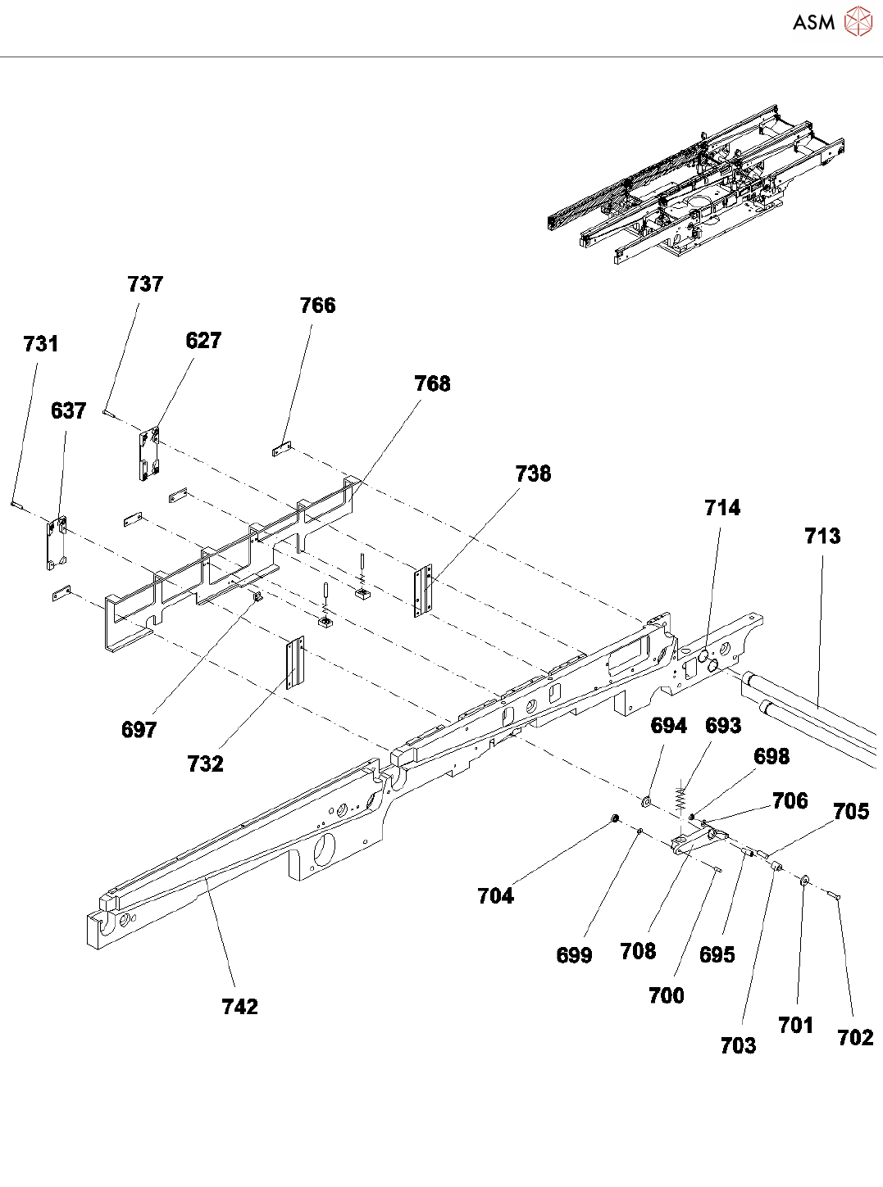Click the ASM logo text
pos(812,22)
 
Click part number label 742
pos(239,1006)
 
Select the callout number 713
pos(822,536)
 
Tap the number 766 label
pos(317,306)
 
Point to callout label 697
pos(139,729)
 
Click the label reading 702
pos(855,1037)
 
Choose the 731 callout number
pos(41,344)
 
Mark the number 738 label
pos(533,473)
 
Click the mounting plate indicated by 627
pos(149,453)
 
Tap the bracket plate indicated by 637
pos(56,542)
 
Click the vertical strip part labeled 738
pos(423,590)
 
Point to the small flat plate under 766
pos(282,449)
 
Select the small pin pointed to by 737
pos(108,413)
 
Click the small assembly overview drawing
pos(697,187)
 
